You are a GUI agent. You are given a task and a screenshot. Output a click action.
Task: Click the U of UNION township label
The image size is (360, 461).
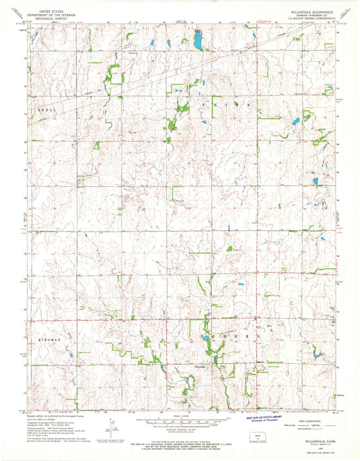point(202,105)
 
